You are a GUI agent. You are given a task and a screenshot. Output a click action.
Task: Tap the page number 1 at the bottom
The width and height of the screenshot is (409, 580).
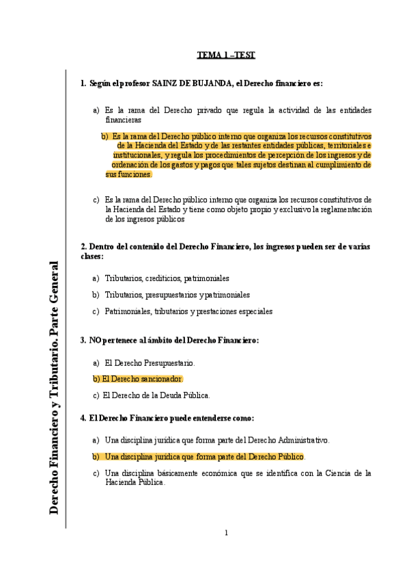pos(226,533)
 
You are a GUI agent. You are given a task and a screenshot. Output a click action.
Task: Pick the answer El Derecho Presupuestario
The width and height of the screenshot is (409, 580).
pos(150,362)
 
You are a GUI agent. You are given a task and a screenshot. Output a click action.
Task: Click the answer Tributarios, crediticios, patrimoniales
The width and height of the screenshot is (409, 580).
pos(167,278)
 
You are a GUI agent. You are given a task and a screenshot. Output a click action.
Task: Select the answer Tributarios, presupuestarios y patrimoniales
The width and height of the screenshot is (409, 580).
pos(177,295)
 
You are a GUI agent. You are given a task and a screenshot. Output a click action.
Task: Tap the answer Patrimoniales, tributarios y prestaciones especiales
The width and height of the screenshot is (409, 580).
pos(188,311)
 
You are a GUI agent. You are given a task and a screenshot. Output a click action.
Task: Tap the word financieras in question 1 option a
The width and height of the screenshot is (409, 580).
pos(123,120)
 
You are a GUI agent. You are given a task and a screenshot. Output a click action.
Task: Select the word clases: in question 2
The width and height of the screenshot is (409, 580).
pos(92,256)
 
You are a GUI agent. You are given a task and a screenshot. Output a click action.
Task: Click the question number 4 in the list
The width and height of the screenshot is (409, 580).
pos(83,418)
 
